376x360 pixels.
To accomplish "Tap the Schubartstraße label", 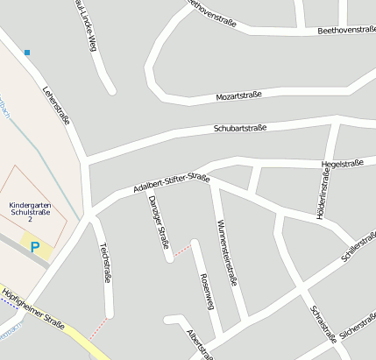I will [239, 128].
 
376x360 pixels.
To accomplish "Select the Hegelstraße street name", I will [342, 163].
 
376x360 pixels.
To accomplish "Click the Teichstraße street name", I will [104, 262].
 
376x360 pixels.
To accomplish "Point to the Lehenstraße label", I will [55, 106].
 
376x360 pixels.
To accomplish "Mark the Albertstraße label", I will [200, 344].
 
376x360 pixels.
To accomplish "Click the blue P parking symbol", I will [35, 248].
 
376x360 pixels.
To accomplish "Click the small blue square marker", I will [27, 53].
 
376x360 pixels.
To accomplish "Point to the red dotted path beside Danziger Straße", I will [181, 252].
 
